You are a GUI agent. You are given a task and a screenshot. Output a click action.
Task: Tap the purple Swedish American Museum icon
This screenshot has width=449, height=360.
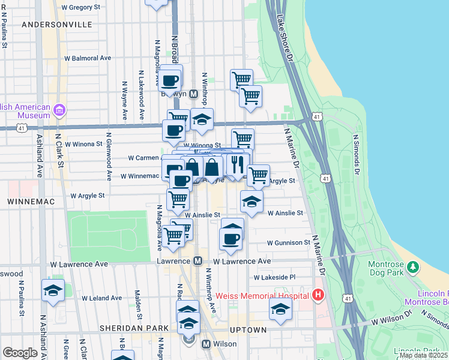59,110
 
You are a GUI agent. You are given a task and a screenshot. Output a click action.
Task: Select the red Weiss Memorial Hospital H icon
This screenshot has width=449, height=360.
318,295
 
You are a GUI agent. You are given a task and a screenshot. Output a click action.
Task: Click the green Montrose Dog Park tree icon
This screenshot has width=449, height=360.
412,266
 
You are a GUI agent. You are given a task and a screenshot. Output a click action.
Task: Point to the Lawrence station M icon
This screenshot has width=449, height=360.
197,262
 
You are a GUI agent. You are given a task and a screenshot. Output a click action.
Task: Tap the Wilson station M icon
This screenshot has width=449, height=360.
206,344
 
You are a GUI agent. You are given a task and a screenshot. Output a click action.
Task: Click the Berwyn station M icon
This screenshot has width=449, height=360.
194,94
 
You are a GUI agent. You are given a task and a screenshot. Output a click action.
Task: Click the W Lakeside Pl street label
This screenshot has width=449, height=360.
274,278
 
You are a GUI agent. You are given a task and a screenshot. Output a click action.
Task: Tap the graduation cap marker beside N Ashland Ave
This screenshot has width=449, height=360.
53,290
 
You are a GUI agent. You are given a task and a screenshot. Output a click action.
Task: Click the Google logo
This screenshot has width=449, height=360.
20,353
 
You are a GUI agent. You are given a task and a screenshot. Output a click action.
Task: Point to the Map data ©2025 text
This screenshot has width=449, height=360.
423,355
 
